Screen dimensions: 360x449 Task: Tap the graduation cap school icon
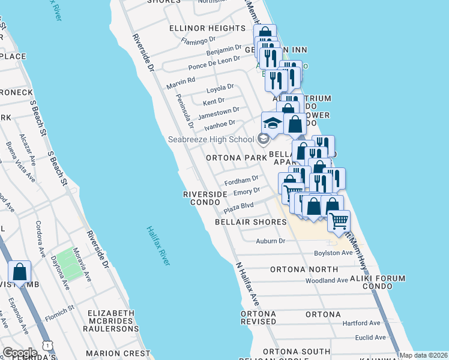point(272,123)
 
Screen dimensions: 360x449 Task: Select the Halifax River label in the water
point(158,245)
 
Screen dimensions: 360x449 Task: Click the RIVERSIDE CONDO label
point(205,198)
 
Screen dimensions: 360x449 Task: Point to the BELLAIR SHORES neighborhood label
point(251,222)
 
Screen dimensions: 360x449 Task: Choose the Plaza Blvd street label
point(238,207)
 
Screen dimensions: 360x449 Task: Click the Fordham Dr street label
point(241,179)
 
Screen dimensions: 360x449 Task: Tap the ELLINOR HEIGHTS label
point(208,28)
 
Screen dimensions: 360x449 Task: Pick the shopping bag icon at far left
point(19,272)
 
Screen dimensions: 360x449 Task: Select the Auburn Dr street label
point(270,241)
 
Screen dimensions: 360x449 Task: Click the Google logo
point(20,353)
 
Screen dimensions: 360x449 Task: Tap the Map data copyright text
point(424,355)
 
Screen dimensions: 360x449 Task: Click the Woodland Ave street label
point(327,280)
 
